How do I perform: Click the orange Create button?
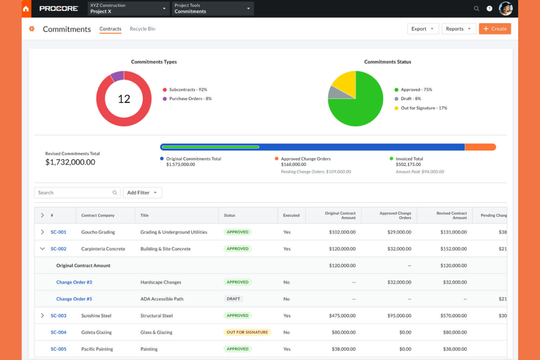pos(495,29)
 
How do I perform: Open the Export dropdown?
pos(423,29)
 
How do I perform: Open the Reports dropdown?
pos(458,29)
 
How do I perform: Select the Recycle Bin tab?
pos(142,29)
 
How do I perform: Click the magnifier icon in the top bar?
pos(477,8)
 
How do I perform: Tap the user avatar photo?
pos(506,8)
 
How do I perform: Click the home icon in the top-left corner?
pos(26,9)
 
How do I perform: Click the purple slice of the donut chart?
pos(117,76)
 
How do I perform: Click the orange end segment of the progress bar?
pos(480,147)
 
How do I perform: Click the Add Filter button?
pos(142,193)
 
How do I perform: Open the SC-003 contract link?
pos(58,316)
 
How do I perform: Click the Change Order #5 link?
pos(74,299)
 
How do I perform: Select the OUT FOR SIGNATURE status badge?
pos(247,332)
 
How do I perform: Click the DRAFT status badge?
pos(233,299)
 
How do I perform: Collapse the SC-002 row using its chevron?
pos(42,249)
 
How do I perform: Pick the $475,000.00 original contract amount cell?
pos(342,316)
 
